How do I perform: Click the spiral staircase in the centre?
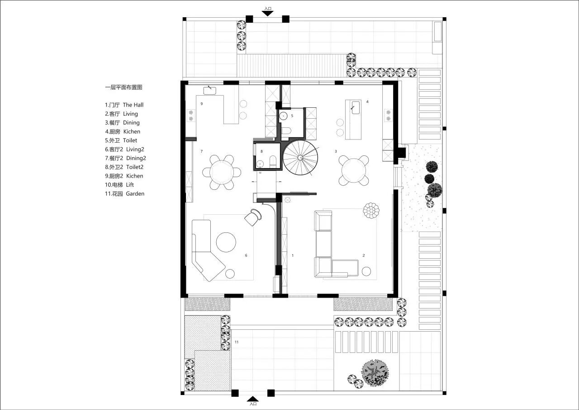(300, 157)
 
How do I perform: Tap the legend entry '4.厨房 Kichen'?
(123, 131)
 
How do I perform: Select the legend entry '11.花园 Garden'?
(124, 193)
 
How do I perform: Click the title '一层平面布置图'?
(123, 87)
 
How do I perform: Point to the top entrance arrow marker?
(267, 13)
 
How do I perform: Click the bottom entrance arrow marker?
(253, 399)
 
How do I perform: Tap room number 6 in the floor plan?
(246, 256)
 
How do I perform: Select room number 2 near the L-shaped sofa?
(364, 256)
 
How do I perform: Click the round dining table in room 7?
(222, 172)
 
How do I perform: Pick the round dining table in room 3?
(354, 171)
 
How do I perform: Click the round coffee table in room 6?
(226, 242)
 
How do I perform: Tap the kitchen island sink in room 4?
(356, 108)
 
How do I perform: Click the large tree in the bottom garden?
(375, 373)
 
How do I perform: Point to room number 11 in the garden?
(237, 342)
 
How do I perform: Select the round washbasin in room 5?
(284, 116)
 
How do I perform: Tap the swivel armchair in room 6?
(252, 217)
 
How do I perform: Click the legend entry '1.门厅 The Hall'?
(124, 105)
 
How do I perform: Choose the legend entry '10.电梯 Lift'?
(119, 185)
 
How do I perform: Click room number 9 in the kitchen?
(202, 104)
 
